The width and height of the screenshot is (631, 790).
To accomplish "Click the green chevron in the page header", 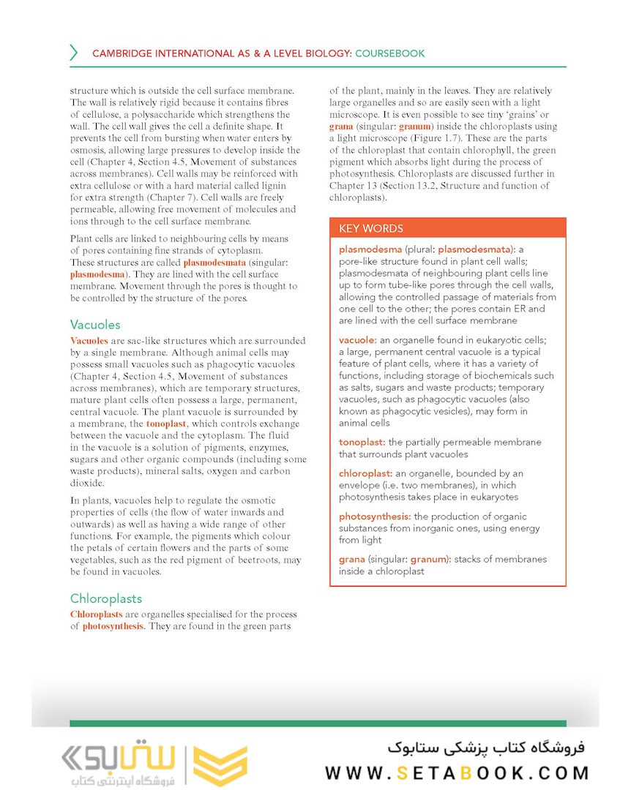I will [x=74, y=53].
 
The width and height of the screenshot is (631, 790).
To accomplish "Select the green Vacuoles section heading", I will [x=95, y=324].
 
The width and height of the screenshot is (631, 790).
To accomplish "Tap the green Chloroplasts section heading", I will [x=106, y=598].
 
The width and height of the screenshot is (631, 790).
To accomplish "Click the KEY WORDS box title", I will [x=370, y=228].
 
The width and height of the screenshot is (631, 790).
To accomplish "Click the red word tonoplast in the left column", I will [x=167, y=424].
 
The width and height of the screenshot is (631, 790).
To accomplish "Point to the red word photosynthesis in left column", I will [x=113, y=626].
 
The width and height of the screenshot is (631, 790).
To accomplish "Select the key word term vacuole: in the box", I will [x=358, y=340].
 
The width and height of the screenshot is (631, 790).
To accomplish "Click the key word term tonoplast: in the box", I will [x=362, y=442].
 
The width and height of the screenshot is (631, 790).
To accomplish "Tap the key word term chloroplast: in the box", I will [x=366, y=474].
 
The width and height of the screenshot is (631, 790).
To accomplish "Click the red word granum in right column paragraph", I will [x=415, y=127].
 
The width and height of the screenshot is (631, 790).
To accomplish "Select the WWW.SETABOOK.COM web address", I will [x=457, y=772].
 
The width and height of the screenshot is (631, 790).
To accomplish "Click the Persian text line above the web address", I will [x=486, y=748].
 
